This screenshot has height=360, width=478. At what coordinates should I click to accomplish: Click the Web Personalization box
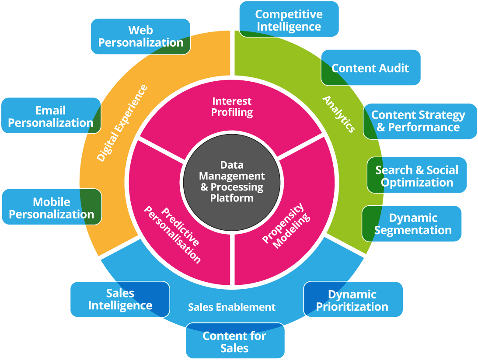140,36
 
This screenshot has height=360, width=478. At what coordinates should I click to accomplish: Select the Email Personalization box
51,117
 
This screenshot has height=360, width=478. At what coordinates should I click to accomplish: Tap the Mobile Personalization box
52,208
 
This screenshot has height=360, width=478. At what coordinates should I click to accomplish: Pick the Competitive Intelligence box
289,20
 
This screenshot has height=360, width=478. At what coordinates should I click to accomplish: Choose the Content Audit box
370,68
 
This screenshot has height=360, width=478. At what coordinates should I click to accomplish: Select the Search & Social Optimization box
417,176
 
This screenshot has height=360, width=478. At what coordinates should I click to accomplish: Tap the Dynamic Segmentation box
412,224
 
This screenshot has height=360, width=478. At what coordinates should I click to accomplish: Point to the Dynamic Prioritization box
352,300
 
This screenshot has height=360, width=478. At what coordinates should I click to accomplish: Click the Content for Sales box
234,342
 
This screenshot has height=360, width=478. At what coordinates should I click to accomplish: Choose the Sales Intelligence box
120,299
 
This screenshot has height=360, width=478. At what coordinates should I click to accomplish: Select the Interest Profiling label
232,107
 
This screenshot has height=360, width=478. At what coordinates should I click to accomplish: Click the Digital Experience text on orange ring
122,123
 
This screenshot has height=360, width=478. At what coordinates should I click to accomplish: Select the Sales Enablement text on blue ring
232,307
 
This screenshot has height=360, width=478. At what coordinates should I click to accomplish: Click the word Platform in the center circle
232,197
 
